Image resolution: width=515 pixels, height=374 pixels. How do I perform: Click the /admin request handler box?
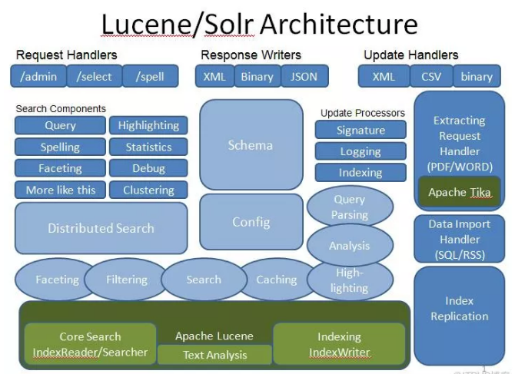pyautogui.click(x=38, y=76)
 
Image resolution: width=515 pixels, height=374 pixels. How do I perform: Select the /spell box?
pyautogui.click(x=151, y=76)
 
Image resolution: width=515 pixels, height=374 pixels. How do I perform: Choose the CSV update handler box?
pyautogui.click(x=432, y=76)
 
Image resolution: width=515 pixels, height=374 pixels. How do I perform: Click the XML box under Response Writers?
pyautogui.click(x=215, y=76)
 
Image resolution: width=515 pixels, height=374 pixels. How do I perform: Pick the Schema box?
pyautogui.click(x=251, y=145)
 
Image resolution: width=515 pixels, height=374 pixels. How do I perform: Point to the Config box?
pyautogui.click(x=251, y=222)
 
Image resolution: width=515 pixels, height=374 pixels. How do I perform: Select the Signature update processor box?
pyautogui.click(x=360, y=131)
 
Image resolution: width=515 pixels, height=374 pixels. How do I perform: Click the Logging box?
pyautogui.click(x=360, y=151)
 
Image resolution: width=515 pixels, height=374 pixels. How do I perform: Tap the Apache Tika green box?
pyautogui.click(x=459, y=192)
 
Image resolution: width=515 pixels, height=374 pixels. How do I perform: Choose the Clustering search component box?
pyautogui.click(x=148, y=190)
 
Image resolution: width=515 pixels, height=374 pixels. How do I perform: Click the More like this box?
pyautogui.click(x=61, y=190)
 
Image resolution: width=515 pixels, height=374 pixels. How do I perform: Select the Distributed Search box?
pyautogui.click(x=101, y=228)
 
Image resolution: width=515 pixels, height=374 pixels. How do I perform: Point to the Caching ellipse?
pyautogui.click(x=277, y=280)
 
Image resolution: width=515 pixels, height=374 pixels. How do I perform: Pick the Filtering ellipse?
pyautogui.click(x=126, y=280)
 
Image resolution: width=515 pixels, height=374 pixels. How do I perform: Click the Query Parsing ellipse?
pyautogui.click(x=350, y=207)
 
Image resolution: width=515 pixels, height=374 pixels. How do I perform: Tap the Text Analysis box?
pyautogui.click(x=214, y=355)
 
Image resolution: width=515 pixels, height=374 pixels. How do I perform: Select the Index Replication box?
pyautogui.click(x=459, y=309)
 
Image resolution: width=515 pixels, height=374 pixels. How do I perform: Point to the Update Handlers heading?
pyautogui.click(x=410, y=55)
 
